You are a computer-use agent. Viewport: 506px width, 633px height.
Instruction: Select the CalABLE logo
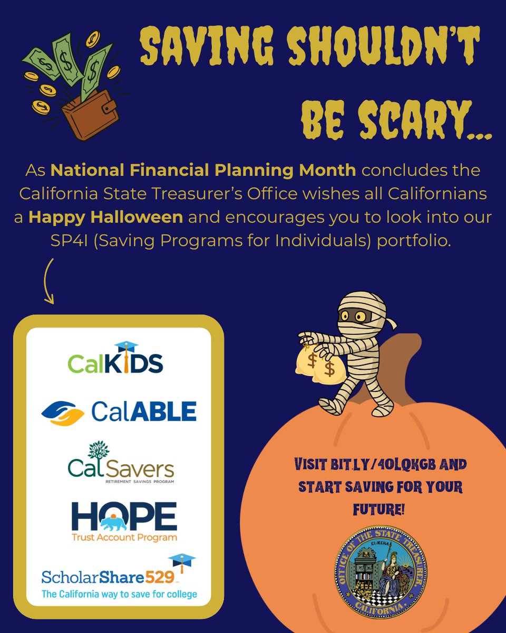[x=119, y=411]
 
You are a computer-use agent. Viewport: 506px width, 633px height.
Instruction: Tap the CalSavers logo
[x=121, y=464]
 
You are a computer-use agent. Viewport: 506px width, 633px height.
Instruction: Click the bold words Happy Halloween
[x=105, y=217]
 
